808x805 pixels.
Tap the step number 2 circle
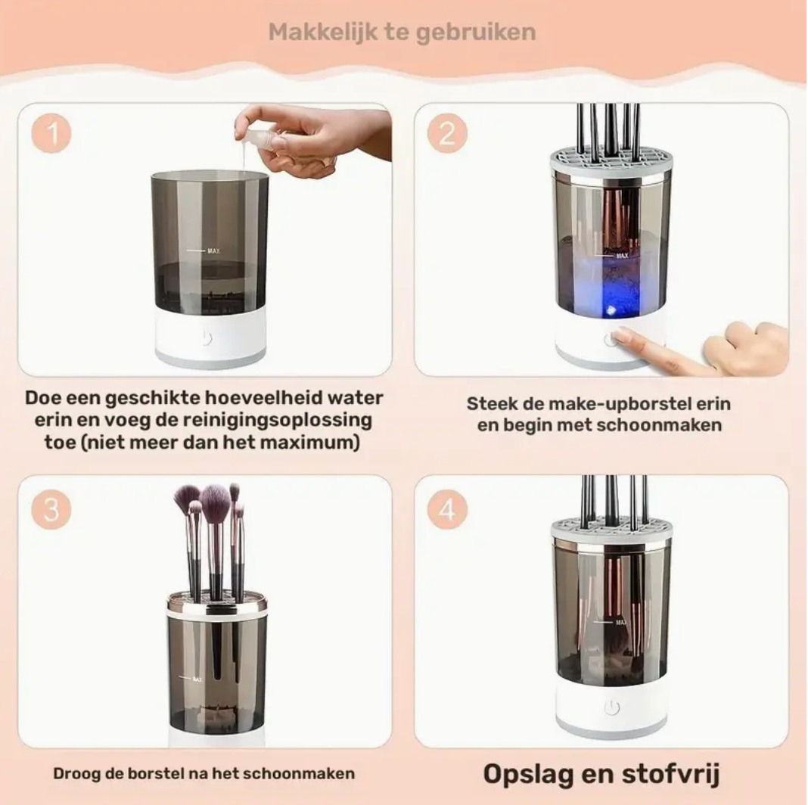click(446, 135)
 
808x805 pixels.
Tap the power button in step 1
click(206, 338)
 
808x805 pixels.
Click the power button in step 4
click(611, 707)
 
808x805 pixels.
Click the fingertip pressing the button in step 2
click(622, 336)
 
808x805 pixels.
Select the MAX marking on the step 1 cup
click(213, 249)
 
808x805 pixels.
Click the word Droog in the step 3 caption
click(74, 774)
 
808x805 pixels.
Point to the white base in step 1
click(210, 340)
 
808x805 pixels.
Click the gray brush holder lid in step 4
click(611, 528)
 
